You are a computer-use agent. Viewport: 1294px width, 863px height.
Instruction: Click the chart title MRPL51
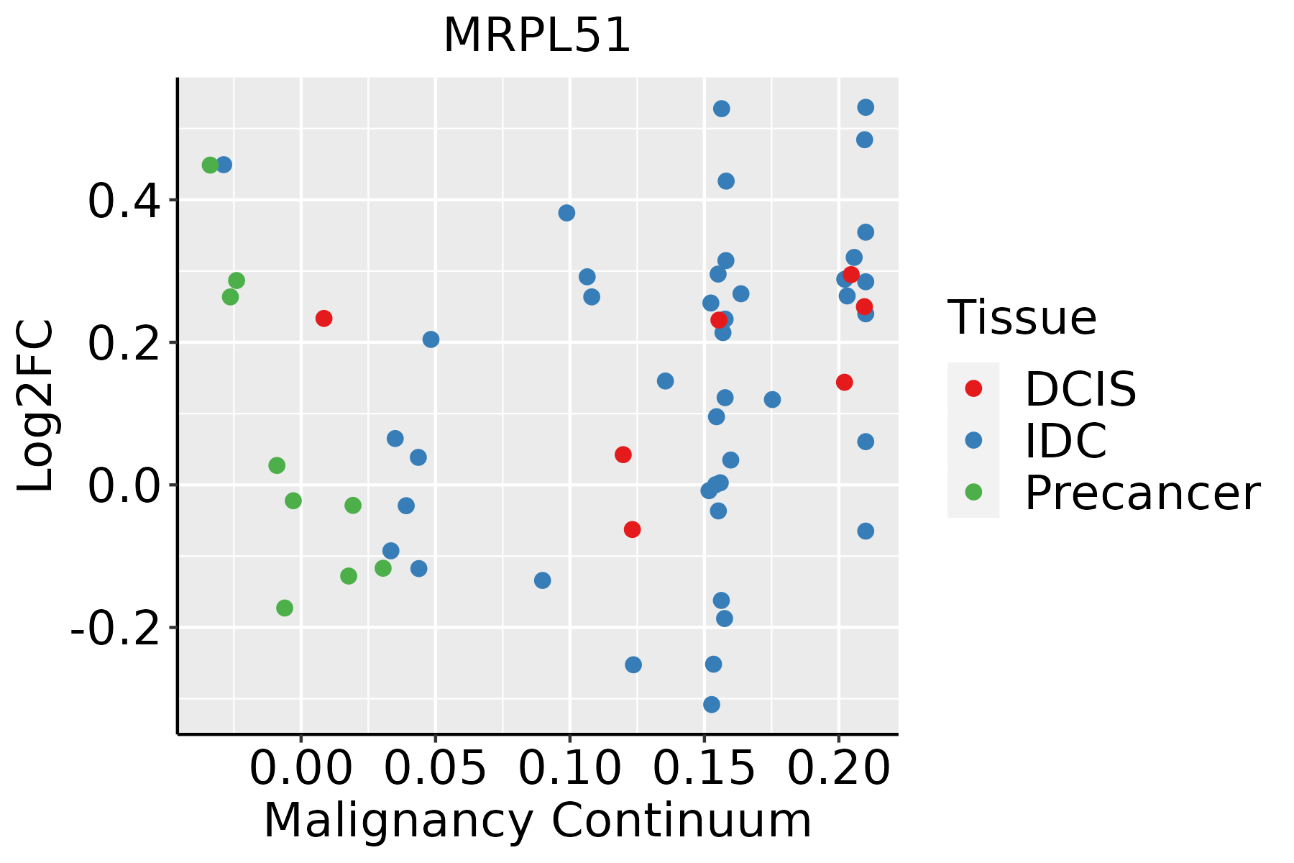537,36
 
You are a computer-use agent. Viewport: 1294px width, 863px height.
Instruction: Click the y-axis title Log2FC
36,406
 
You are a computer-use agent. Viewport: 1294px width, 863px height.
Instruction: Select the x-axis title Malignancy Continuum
537,821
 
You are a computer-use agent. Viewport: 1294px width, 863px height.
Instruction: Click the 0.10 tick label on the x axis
569,770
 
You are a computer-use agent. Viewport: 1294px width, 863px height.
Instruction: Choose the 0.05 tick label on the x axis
435,770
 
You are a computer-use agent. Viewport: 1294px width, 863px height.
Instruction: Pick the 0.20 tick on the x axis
838,770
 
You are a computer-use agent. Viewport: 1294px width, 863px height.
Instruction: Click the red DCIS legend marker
973,388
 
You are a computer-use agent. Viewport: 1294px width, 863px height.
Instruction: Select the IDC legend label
1065,441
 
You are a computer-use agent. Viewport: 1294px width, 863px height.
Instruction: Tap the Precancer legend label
1142,493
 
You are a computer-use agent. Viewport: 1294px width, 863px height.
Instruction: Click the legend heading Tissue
1022,318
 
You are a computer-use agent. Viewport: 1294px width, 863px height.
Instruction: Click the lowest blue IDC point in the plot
712,705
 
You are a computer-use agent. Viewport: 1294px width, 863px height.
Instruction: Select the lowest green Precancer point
285,608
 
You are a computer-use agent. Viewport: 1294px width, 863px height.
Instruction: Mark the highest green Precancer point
210,165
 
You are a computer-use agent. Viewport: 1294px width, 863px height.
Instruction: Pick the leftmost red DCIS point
324,319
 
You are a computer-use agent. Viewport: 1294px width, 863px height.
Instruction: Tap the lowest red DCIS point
633,530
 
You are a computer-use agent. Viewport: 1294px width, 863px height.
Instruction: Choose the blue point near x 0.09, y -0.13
543,580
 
